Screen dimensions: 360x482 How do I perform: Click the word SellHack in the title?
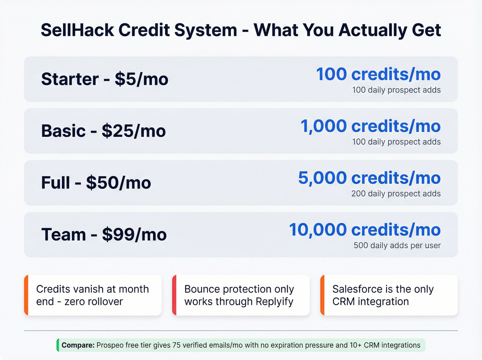point(77,30)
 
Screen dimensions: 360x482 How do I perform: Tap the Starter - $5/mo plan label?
point(105,79)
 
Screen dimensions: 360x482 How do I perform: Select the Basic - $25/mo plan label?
point(103,131)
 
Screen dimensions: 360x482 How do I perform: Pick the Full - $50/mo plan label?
point(96,183)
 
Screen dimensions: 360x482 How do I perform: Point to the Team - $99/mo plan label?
point(104,235)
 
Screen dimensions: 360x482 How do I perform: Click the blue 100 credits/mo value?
point(378,74)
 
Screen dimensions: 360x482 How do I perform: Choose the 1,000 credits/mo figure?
point(370,126)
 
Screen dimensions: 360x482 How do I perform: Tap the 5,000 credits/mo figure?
point(369,178)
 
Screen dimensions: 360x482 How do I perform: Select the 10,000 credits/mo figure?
point(365,230)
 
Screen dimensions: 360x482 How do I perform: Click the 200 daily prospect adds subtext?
point(396,194)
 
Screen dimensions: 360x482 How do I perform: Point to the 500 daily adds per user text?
point(397,245)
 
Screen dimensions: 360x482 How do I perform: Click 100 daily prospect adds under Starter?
point(396,90)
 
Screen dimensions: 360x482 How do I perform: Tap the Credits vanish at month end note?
point(92,295)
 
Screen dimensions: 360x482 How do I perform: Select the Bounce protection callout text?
point(239,295)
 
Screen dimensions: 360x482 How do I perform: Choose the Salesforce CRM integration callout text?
point(383,295)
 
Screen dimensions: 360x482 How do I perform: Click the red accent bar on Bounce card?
point(174,295)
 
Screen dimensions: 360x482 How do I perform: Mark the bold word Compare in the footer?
point(78,345)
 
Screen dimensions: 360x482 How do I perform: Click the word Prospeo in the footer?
point(110,345)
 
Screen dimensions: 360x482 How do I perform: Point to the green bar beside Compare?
point(58,345)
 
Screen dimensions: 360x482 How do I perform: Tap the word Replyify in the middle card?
point(274,301)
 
